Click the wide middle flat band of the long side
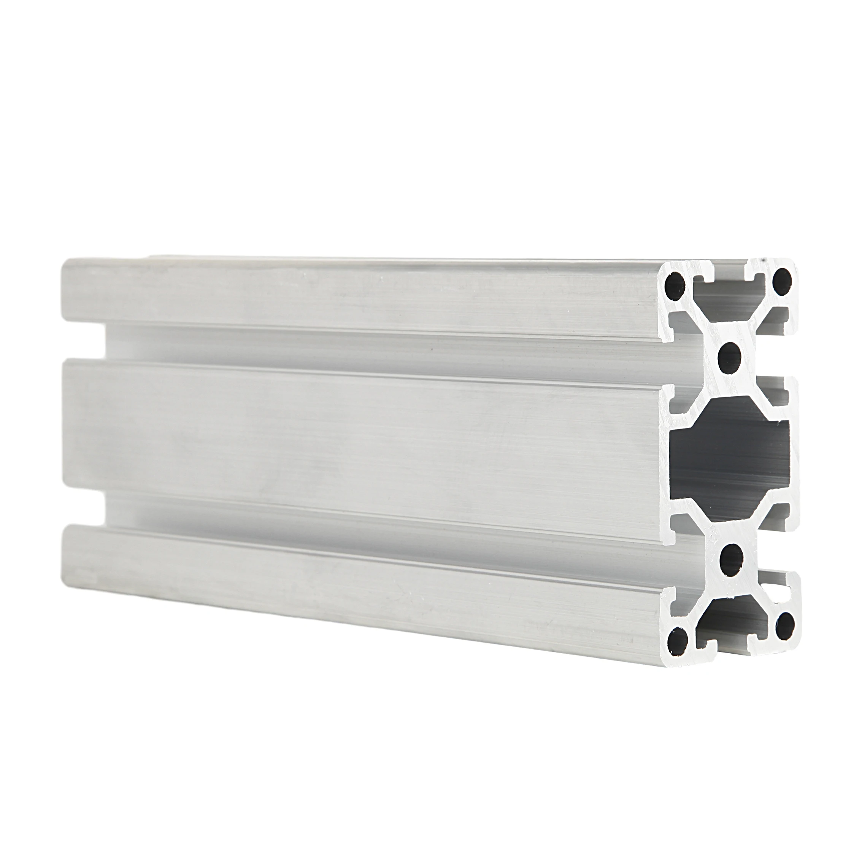pyautogui.click(x=357, y=428)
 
